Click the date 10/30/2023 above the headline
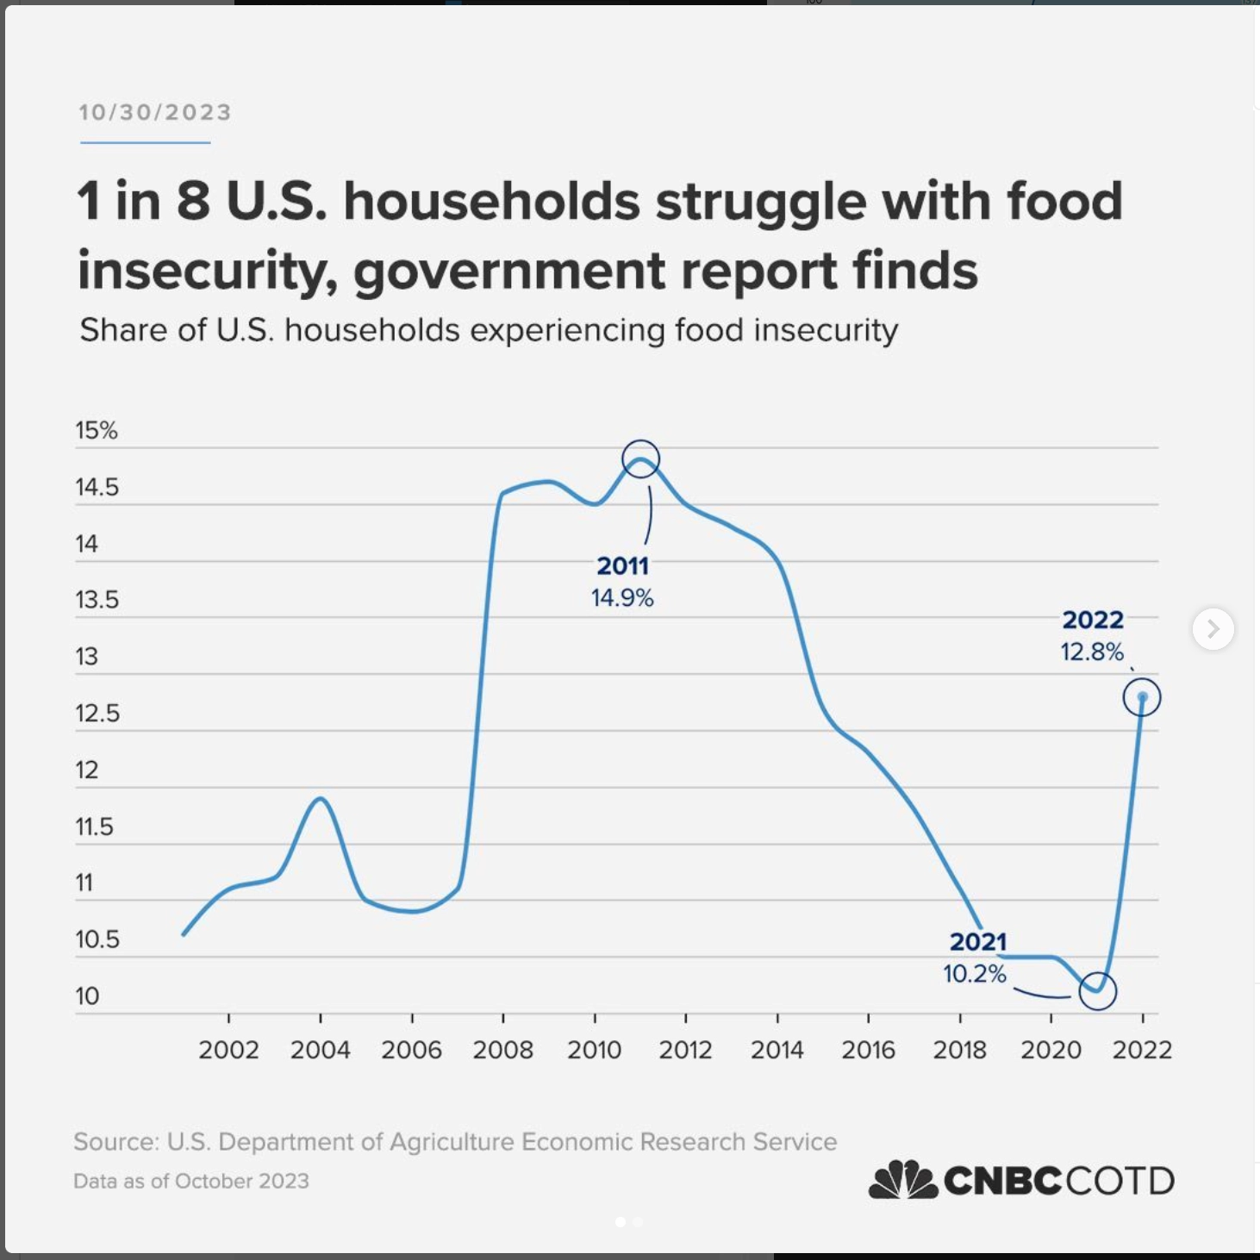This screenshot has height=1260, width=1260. pyautogui.click(x=155, y=113)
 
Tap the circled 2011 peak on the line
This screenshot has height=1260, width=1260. pyautogui.click(x=640, y=459)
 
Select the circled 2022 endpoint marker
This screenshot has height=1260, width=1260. pyautogui.click(x=1142, y=697)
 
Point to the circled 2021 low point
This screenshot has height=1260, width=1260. pyautogui.click(x=1097, y=990)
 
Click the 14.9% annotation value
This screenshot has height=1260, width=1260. pyautogui.click(x=622, y=598)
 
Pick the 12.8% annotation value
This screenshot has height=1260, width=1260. pyautogui.click(x=1092, y=652)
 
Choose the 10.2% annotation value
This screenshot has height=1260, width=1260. pyautogui.click(x=975, y=974)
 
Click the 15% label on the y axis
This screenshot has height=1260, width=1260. pyautogui.click(x=97, y=430)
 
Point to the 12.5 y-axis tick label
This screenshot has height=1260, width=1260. pyautogui.click(x=97, y=714)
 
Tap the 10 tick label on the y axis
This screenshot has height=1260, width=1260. pyautogui.click(x=87, y=996)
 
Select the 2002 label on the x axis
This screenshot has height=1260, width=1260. pyautogui.click(x=228, y=1050)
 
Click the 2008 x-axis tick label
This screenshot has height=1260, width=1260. pyautogui.click(x=502, y=1050)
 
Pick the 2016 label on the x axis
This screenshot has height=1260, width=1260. pyautogui.click(x=868, y=1050)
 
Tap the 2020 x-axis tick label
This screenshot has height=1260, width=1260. pyautogui.click(x=1051, y=1050)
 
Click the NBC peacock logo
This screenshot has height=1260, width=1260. pyautogui.click(x=902, y=1180)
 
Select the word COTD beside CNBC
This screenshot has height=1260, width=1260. pyautogui.click(x=1120, y=1181)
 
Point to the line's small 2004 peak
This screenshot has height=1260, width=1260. pyautogui.click(x=321, y=798)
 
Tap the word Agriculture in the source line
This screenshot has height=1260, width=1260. pyautogui.click(x=452, y=1142)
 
